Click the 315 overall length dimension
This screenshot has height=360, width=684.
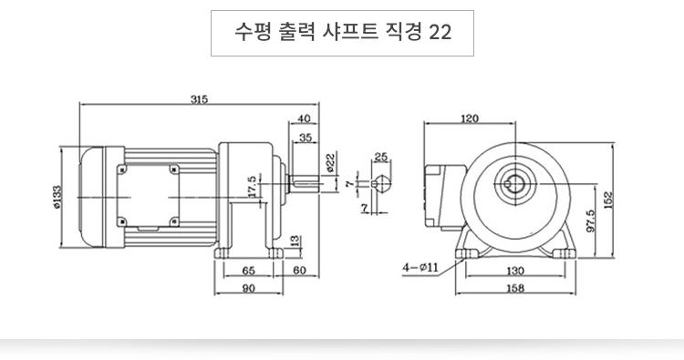[x=199, y=99]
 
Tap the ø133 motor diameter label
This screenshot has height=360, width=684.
[x=58, y=198]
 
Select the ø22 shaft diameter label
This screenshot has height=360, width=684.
[x=330, y=162]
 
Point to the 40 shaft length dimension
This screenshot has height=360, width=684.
[x=304, y=118]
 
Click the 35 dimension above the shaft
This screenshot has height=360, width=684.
[x=306, y=138]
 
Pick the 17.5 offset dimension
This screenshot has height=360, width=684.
[x=253, y=187]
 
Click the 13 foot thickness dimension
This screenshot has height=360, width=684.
[x=295, y=241]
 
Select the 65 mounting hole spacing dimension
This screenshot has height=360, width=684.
[x=248, y=271]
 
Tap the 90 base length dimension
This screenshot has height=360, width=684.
[x=248, y=288]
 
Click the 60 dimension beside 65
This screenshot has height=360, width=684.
[x=299, y=271]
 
